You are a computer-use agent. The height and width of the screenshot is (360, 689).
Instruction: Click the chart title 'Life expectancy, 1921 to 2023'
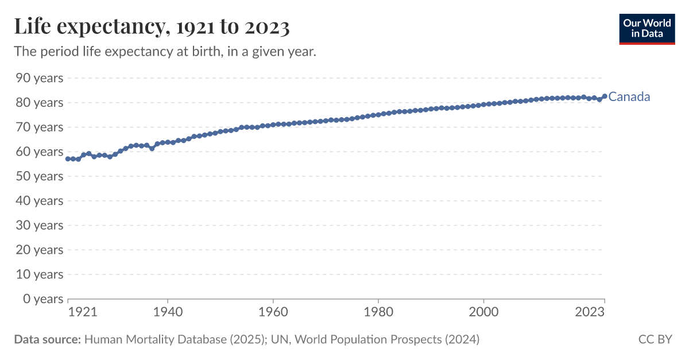pos(152,26)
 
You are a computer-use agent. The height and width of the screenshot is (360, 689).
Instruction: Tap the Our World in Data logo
pos(647,28)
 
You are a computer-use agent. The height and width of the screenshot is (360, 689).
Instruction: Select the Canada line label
pos(629,96)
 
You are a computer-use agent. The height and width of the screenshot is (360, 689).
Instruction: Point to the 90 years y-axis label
pos(40,78)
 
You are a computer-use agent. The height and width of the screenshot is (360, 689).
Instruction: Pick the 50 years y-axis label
pos(40,176)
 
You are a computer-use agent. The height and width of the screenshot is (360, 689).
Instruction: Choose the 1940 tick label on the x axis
pos(167,312)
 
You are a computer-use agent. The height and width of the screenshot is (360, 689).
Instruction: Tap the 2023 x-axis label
pos(589,312)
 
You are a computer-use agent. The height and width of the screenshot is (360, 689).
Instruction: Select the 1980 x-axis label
pos(378,312)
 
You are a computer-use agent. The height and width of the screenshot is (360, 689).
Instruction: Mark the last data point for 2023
pos(605,96)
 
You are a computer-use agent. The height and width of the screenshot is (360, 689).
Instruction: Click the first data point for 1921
pos(68,158)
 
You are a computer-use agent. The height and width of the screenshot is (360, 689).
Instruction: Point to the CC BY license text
pos(655,339)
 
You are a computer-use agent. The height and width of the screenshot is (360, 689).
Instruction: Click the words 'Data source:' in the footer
pos(47,339)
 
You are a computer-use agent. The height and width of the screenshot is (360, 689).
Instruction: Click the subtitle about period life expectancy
pos(165,52)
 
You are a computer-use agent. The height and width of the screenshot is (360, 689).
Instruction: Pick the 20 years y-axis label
pos(40,250)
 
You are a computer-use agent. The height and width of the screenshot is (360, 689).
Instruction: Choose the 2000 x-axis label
pos(483,312)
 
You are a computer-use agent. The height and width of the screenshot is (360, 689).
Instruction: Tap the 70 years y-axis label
pos(40,127)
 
